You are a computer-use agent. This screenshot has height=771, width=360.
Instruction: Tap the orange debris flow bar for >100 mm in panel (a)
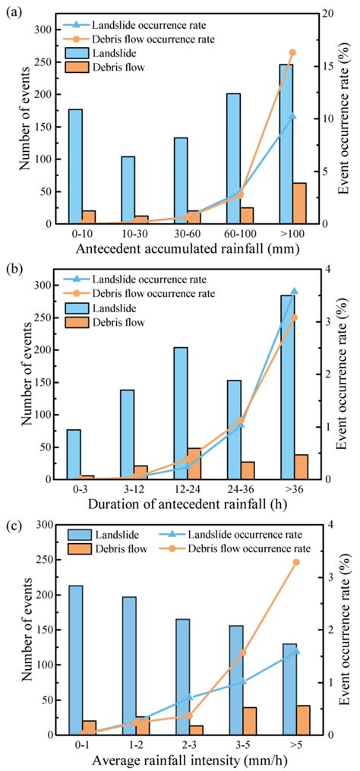(x=300, y=204)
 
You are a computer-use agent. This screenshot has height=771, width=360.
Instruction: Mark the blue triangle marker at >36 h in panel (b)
(x=293, y=291)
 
